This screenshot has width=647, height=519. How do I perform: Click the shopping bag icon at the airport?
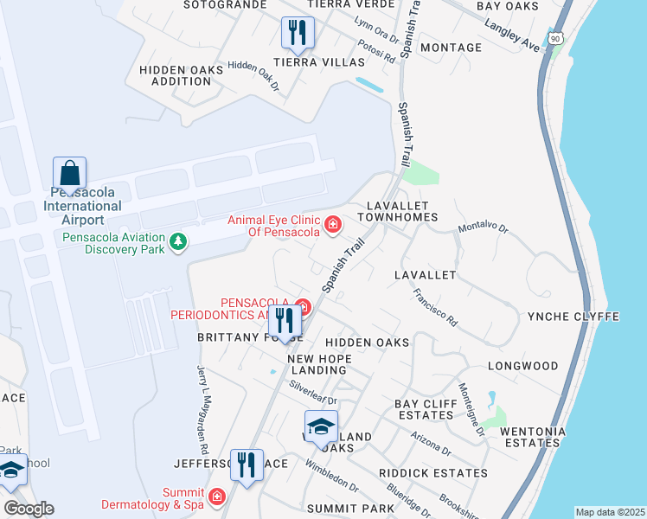pos(69,171)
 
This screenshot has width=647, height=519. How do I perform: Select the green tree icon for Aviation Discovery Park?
pos(178,240)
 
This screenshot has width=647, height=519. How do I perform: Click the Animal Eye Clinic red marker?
pos(333,226)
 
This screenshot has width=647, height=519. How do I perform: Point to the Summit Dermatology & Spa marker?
pos(216,497)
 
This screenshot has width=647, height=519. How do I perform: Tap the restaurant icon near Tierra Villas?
pos(297,33)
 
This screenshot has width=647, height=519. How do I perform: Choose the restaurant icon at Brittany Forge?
pos(285,321)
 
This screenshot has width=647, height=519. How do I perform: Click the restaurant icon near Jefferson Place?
pos(247,465)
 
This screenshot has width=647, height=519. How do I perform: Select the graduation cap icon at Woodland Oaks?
pos(321,426)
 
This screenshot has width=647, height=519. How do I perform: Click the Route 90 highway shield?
pos(554,39)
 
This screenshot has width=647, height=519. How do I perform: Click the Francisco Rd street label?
pos(434,306)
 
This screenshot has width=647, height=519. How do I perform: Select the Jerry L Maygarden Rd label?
pos(203,410)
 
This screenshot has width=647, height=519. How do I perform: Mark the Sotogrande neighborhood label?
pos(225,4)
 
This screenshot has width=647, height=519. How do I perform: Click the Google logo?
pos(29,509)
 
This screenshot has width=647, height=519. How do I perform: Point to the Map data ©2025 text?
pos(609,512)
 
